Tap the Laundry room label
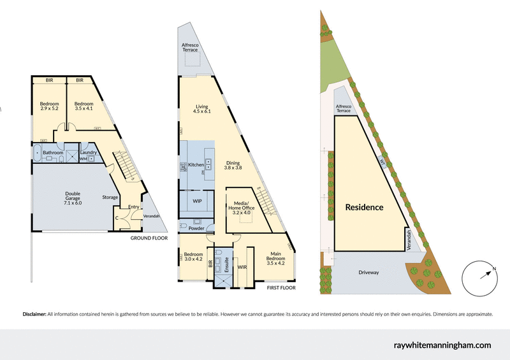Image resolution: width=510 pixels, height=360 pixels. coord(89,152)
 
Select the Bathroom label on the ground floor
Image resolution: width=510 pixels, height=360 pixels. coord(53,153)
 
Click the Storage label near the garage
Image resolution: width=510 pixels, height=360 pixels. coord(110,198)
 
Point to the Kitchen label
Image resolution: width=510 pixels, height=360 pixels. coord(196,165)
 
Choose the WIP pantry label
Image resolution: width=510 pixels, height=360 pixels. coord(198,201)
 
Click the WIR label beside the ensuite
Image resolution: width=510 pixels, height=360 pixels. coord(242,267)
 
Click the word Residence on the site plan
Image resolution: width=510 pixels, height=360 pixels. coord(364,207)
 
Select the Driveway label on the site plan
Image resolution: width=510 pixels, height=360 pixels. coord(368,272)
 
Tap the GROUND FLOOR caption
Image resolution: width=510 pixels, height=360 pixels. coord(149,238)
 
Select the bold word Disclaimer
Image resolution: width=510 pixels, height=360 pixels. coord(34,314)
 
